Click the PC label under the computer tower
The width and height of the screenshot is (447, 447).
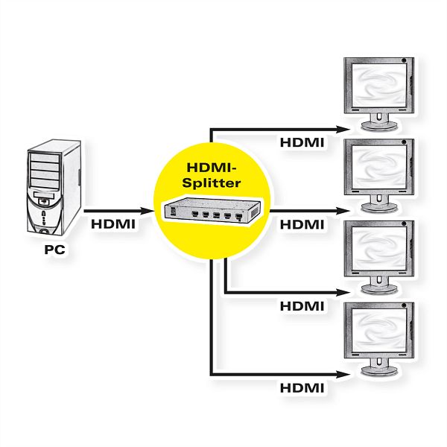coord(54,250)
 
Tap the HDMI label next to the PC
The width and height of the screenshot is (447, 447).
coord(113,224)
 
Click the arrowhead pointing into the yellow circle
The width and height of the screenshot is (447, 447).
coord(147,212)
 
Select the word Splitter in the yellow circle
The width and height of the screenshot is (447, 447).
coord(212,183)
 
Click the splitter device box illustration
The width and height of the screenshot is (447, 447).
coord(212,212)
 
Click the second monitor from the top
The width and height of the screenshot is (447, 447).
coord(379,175)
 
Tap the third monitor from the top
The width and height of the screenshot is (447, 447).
coord(379,257)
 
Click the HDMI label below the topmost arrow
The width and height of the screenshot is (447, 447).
coord(302,142)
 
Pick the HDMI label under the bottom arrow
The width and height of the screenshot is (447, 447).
coord(302,388)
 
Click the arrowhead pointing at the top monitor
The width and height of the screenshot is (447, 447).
coord(343,130)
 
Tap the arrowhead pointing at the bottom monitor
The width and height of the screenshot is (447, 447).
coord(343,375)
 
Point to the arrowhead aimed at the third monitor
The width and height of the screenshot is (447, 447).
coord(343,293)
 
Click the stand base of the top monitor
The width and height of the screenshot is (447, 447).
coord(379,126)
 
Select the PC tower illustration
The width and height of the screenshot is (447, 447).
coord(54,187)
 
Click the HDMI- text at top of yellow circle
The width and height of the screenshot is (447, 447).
coord(212,168)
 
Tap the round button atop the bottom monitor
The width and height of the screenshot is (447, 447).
coord(404,305)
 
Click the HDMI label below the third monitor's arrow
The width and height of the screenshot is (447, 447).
coord(302,306)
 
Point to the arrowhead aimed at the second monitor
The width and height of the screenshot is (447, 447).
coord(343,212)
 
